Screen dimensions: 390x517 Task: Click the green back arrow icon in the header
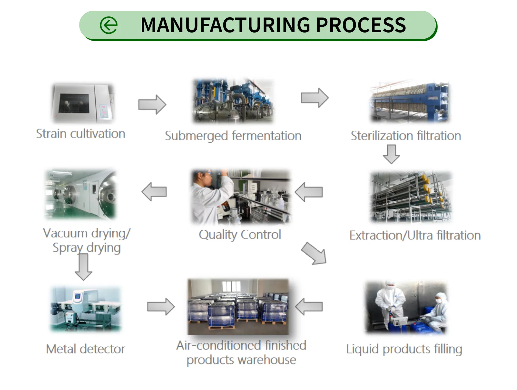click(x=109, y=25)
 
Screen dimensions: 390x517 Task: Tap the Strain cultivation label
click(x=81, y=134)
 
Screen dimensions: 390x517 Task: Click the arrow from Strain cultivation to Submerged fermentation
click(x=152, y=104)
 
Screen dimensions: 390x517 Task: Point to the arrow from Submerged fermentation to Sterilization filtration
click(x=314, y=97)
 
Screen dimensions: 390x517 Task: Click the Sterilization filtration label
click(x=406, y=136)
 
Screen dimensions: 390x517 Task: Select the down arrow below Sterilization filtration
click(x=391, y=154)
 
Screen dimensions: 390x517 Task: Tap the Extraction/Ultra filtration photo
click(x=411, y=197)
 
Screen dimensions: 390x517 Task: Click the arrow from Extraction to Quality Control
click(x=309, y=192)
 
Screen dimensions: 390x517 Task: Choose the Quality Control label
click(x=240, y=235)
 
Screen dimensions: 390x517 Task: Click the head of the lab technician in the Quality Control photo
click(x=204, y=178)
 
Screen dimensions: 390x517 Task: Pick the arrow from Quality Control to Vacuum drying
click(x=154, y=192)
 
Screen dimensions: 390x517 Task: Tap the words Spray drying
click(x=86, y=248)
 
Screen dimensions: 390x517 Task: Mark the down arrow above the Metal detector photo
click(x=84, y=266)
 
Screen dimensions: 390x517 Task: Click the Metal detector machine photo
click(x=86, y=309)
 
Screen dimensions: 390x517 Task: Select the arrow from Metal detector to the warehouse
click(x=161, y=306)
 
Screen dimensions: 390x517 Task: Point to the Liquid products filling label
click(x=404, y=349)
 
